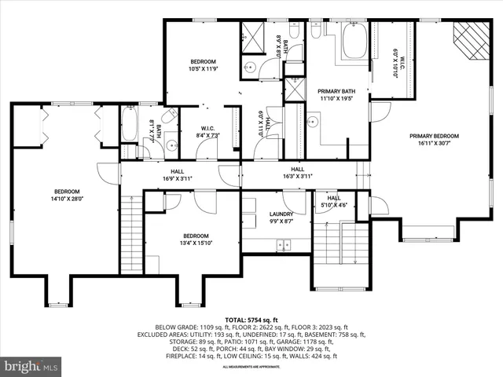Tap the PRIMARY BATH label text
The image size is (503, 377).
336,95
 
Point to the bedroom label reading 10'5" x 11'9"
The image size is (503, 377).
203,65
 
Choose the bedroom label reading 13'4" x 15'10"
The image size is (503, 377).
196,240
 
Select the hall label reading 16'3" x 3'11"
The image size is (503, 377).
298,173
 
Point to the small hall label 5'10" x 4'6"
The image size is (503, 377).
334,202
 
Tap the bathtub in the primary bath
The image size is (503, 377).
354,43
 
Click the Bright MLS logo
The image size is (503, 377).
31,366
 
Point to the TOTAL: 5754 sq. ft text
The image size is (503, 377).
251,320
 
